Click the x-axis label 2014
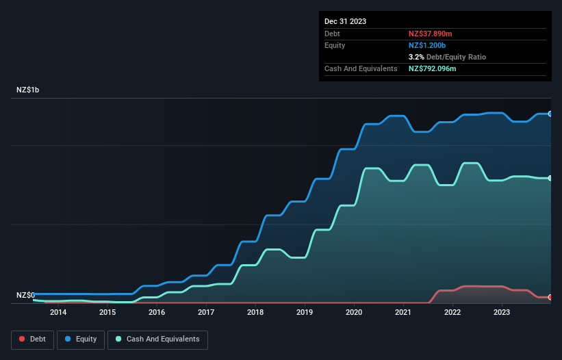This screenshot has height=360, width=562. point(58,313)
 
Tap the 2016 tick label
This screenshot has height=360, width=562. point(156,313)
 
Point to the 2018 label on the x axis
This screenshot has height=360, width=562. point(255,313)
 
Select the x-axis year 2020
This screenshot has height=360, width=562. point(354,313)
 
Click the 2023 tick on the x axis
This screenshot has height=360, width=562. point(502,313)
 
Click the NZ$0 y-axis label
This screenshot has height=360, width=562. point(27,295)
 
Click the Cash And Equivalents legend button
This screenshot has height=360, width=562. point(157,339)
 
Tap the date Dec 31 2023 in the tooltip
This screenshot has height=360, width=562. point(345,21)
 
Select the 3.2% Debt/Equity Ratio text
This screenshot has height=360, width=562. point(447,57)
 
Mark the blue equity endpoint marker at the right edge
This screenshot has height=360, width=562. point(550,114)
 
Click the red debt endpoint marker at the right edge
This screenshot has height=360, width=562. point(550,297)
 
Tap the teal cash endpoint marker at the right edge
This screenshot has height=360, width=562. point(550,178)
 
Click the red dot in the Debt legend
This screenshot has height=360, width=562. point(22,339)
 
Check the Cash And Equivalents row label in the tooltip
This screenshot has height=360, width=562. point(361,68)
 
